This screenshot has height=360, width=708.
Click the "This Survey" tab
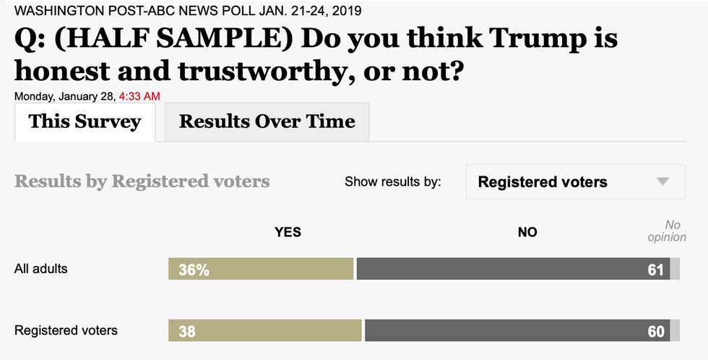tap(85, 121)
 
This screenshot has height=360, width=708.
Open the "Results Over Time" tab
tap(267, 121)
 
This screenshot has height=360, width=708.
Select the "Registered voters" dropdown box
tap(575, 182)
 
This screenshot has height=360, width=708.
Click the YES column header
tap(288, 232)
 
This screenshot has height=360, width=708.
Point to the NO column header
tap(527, 232)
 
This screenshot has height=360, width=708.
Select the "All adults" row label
tap(41, 268)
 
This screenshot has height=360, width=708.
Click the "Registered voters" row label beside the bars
tap(66, 330)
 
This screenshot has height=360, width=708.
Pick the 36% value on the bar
tap(195, 270)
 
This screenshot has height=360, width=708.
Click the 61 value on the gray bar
tap(656, 270)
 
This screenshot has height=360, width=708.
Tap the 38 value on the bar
tap(187, 332)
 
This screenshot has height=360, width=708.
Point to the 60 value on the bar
tap(656, 332)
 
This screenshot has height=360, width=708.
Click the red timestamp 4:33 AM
tap(139, 96)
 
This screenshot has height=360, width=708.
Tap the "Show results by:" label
tap(392, 182)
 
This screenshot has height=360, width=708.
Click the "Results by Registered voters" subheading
tap(142, 181)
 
